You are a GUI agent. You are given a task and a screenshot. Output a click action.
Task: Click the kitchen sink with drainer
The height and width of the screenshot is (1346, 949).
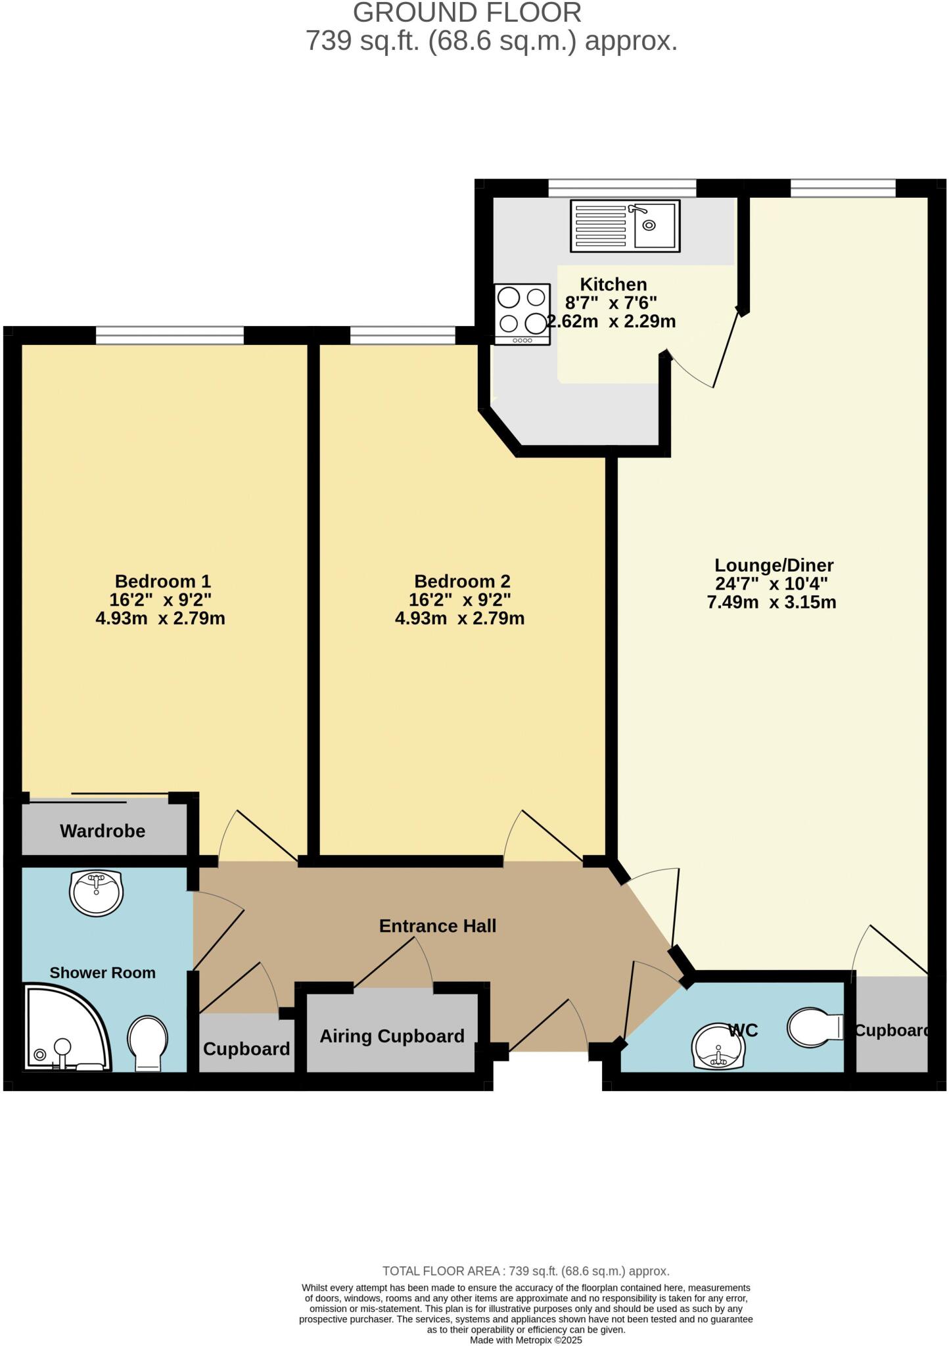pos(625,225)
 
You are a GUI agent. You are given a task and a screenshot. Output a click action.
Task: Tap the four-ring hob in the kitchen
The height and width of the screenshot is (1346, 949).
pos(522,313)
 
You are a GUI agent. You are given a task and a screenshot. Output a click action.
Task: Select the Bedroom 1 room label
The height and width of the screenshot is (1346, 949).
pos(162,581)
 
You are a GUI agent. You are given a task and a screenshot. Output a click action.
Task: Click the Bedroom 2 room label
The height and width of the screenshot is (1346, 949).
pos(462,581)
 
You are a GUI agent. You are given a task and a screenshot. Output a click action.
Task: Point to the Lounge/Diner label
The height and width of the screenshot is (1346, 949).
pos(774,565)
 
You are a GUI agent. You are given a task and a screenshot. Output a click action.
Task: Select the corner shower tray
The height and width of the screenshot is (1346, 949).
pos(62,1029)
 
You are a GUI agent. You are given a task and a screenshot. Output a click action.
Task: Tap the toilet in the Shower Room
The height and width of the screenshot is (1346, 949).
pos(147,1042)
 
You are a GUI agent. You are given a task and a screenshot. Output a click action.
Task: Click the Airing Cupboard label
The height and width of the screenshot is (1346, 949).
pos(392,1036)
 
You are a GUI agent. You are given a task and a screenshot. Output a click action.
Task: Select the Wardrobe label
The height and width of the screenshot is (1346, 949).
pos(103,831)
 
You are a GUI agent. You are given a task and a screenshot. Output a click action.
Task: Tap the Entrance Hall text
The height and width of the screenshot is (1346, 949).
pos(438,926)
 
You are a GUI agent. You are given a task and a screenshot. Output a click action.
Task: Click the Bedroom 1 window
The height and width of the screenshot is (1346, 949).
pos(170,336)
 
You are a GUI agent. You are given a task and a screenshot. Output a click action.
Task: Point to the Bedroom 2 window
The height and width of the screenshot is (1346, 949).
pos(402,336)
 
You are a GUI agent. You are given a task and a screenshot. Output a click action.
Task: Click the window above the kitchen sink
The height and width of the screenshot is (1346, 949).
pos(622,189)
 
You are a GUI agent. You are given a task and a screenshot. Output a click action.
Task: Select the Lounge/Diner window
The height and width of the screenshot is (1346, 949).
pos(843,189)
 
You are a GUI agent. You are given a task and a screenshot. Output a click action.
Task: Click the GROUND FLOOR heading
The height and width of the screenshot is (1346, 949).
pos(467,13)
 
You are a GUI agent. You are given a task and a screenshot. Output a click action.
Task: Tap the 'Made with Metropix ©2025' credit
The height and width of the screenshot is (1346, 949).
pos(526,1340)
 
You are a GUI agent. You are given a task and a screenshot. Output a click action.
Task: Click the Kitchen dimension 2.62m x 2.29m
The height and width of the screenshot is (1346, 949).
pos(612,321)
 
